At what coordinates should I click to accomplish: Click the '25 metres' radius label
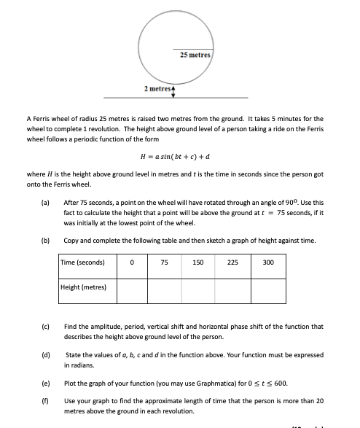pyautogui.click(x=195, y=55)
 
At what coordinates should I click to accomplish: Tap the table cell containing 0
pyautogui.click(x=132, y=262)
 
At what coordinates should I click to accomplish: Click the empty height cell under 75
pyautogui.click(x=165, y=289)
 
